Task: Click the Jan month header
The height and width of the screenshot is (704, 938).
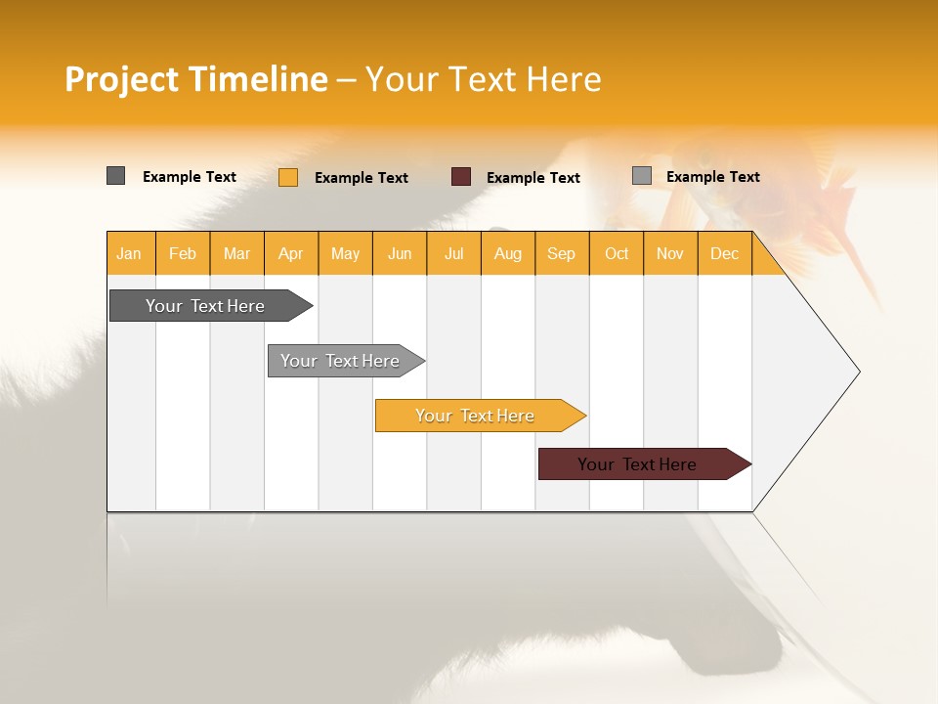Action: pos(129,253)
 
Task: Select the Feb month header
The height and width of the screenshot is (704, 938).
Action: pos(183,253)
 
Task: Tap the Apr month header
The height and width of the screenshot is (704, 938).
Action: pos(291,253)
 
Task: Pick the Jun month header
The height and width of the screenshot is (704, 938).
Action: pos(400,253)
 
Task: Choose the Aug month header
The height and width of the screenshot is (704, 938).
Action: pos(508,253)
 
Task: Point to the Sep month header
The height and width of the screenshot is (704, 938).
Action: pos(562,253)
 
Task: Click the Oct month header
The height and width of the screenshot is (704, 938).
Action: pos(617,253)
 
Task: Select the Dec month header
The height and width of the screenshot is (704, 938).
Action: pos(725,253)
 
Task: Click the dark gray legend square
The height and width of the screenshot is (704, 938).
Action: pos(116,176)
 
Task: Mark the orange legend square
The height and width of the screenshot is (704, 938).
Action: pos(288,177)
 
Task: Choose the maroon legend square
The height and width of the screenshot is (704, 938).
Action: pos(461,177)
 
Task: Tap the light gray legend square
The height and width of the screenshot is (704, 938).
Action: pos(642,176)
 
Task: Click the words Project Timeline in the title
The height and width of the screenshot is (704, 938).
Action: pos(196,79)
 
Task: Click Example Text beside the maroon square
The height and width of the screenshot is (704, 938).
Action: pos(533,178)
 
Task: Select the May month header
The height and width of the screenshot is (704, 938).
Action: pos(345,253)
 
